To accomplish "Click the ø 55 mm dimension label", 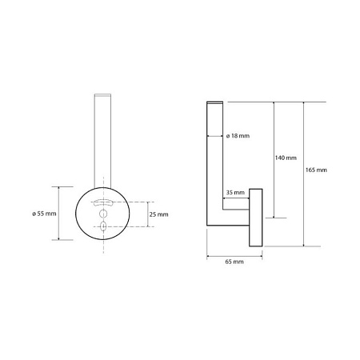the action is coord(44,214).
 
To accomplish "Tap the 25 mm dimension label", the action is coord(158,214).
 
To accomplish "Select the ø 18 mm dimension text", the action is coord(238,136).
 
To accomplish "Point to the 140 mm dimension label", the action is coord(286,158).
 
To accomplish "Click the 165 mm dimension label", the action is coord(316,170).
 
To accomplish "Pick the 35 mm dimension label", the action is coord(235,192).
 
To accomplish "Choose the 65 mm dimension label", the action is coord(234,262).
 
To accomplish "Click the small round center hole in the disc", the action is coord(103,214).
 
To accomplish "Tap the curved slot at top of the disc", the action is coord(103,202).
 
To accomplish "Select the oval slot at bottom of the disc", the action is coord(103,226).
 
